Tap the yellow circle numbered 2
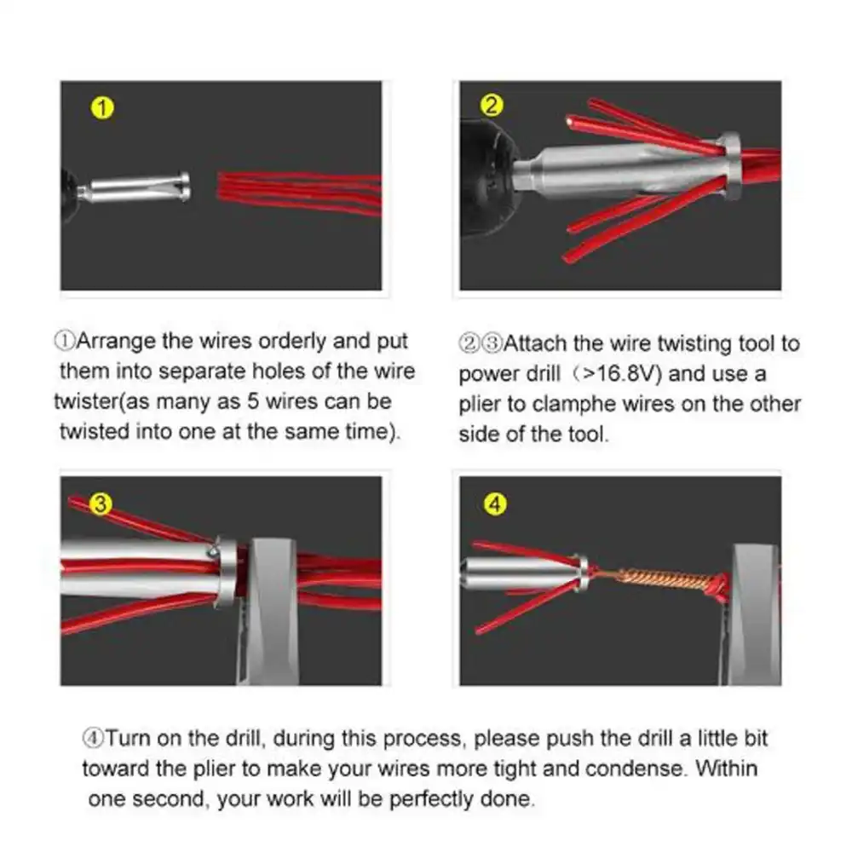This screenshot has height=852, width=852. click(x=492, y=106)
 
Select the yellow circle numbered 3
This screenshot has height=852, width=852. click(x=101, y=504)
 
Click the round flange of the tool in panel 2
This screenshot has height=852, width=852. click(x=729, y=166)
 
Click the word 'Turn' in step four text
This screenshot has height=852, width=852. click(x=128, y=738)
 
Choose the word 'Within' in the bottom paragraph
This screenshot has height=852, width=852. click(x=726, y=769)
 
